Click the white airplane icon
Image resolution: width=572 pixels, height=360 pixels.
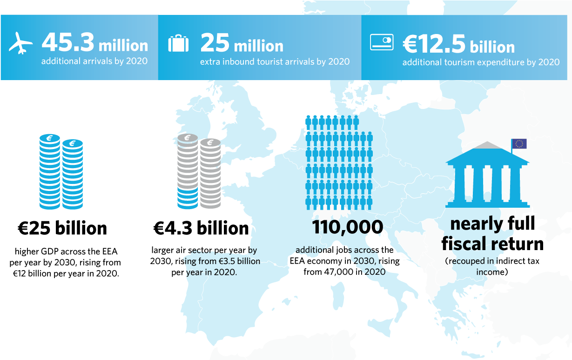(21, 44)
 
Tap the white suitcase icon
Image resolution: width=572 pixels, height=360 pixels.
(178, 43)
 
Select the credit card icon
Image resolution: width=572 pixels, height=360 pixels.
(382, 42)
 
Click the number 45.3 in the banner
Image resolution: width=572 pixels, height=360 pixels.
(67, 43)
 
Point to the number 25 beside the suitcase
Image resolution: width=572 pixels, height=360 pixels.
(215, 43)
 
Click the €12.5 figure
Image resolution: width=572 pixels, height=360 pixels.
(434, 44)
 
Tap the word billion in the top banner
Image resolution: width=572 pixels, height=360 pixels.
(492, 47)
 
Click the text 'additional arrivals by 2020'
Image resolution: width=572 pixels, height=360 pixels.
(94, 61)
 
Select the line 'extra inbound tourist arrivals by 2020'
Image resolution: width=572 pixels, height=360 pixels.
(275, 62)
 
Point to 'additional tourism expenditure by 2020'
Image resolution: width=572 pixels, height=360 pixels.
(481, 62)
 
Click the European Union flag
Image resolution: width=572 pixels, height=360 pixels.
(519, 144)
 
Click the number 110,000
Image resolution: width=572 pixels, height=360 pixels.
(347, 228)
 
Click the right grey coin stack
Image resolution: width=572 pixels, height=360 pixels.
(210, 173)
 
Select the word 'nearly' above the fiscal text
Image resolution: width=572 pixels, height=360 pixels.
(470, 224)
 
